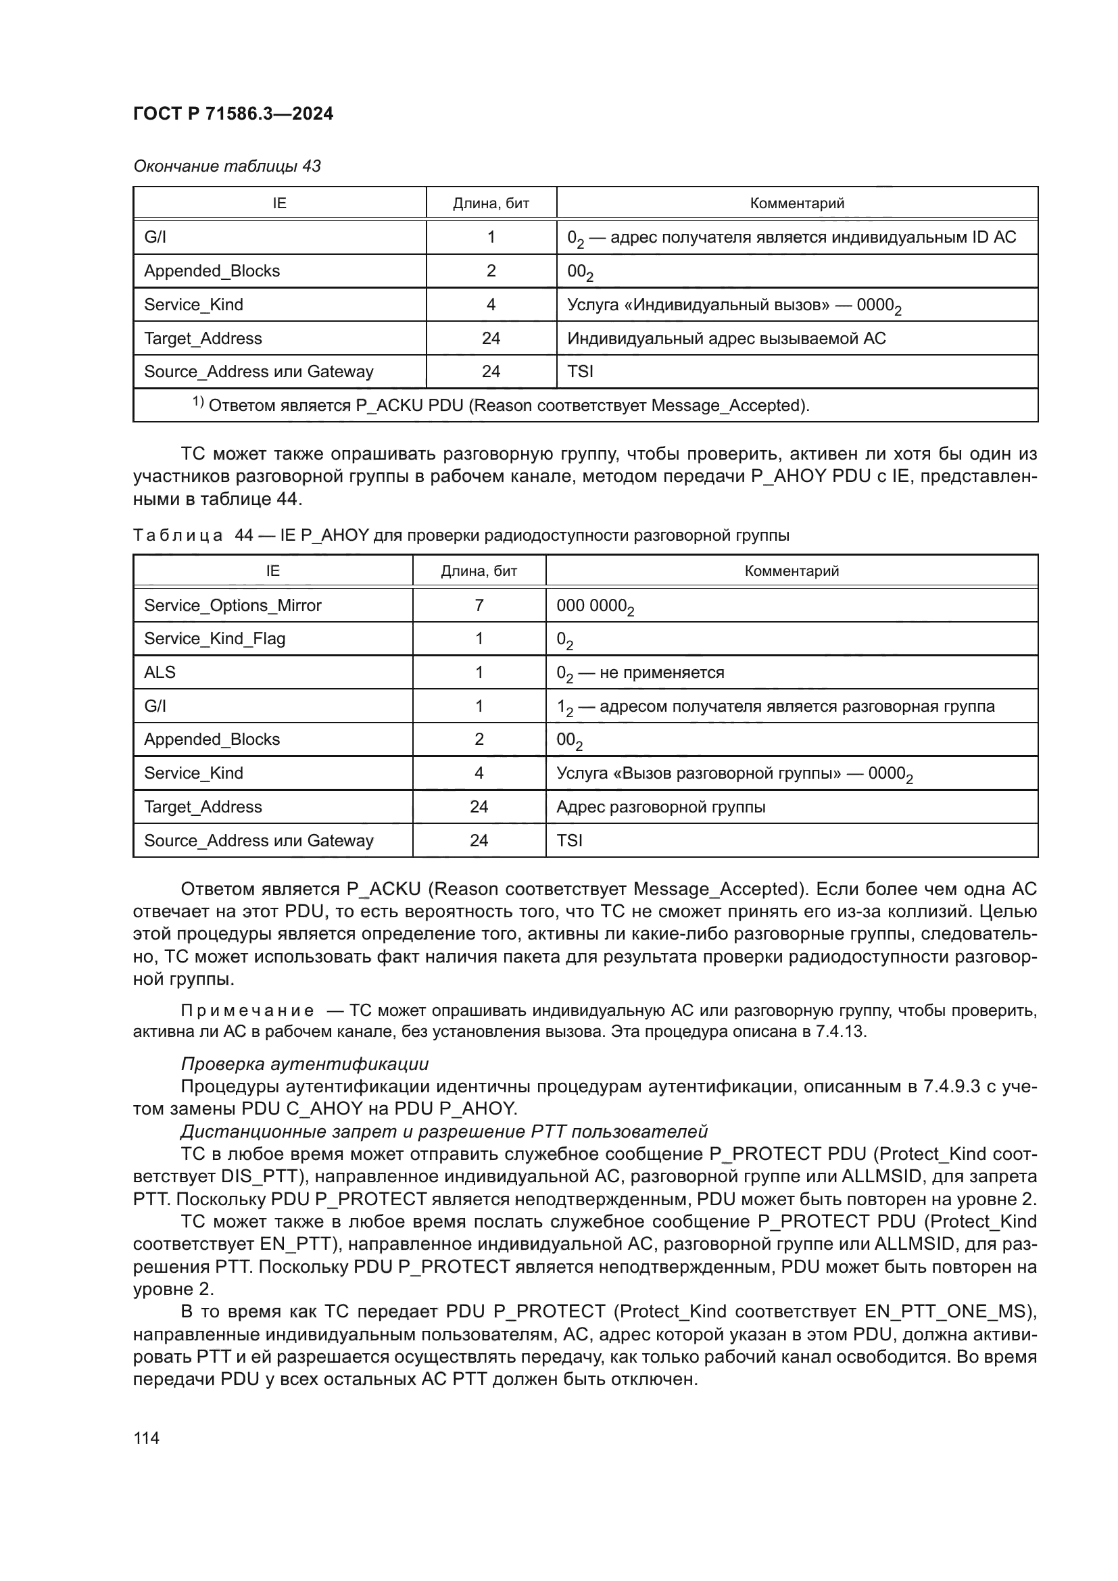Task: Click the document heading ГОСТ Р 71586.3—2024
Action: [233, 114]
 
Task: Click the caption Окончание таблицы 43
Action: [226, 166]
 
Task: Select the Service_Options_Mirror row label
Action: [233, 605]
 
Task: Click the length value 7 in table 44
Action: [479, 605]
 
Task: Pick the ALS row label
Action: [160, 672]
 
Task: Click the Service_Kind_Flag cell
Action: [214, 638]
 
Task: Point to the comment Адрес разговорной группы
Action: [660, 806]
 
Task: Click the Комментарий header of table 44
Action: [791, 571]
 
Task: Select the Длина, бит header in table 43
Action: [491, 203]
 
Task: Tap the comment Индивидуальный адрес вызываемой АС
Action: [726, 338]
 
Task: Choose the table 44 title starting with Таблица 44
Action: [460, 535]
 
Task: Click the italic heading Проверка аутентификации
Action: [304, 1064]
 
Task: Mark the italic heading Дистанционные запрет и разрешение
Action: [444, 1132]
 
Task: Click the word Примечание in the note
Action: [247, 1010]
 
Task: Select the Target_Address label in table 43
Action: [202, 338]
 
